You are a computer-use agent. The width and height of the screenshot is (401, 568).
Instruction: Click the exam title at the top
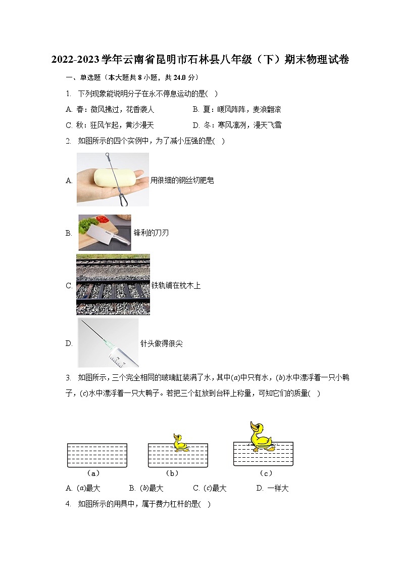coord(200,60)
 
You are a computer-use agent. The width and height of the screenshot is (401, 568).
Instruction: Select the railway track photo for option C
coord(113,285)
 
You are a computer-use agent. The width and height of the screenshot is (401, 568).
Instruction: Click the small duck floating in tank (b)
coord(180,443)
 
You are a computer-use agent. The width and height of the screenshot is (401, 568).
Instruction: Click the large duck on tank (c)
coord(259,436)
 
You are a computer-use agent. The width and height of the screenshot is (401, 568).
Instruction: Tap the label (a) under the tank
coord(93,473)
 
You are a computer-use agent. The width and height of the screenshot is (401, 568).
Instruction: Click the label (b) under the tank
coord(173,473)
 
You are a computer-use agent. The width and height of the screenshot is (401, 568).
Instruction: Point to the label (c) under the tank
coord(266,473)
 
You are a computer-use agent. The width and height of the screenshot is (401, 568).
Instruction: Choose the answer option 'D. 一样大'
coord(272,488)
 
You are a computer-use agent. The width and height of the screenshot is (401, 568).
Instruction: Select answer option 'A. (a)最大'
coord(83,488)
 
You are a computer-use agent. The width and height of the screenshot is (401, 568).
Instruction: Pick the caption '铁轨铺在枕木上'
coord(176,286)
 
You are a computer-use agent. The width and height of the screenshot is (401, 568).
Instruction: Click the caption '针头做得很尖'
coord(162,343)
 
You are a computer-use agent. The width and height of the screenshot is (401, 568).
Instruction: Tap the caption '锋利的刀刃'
coord(151,233)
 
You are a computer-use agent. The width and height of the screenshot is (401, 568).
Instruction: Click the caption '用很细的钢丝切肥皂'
coord(182,180)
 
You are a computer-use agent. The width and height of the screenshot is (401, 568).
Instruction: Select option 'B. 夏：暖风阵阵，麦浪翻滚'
coord(237,109)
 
